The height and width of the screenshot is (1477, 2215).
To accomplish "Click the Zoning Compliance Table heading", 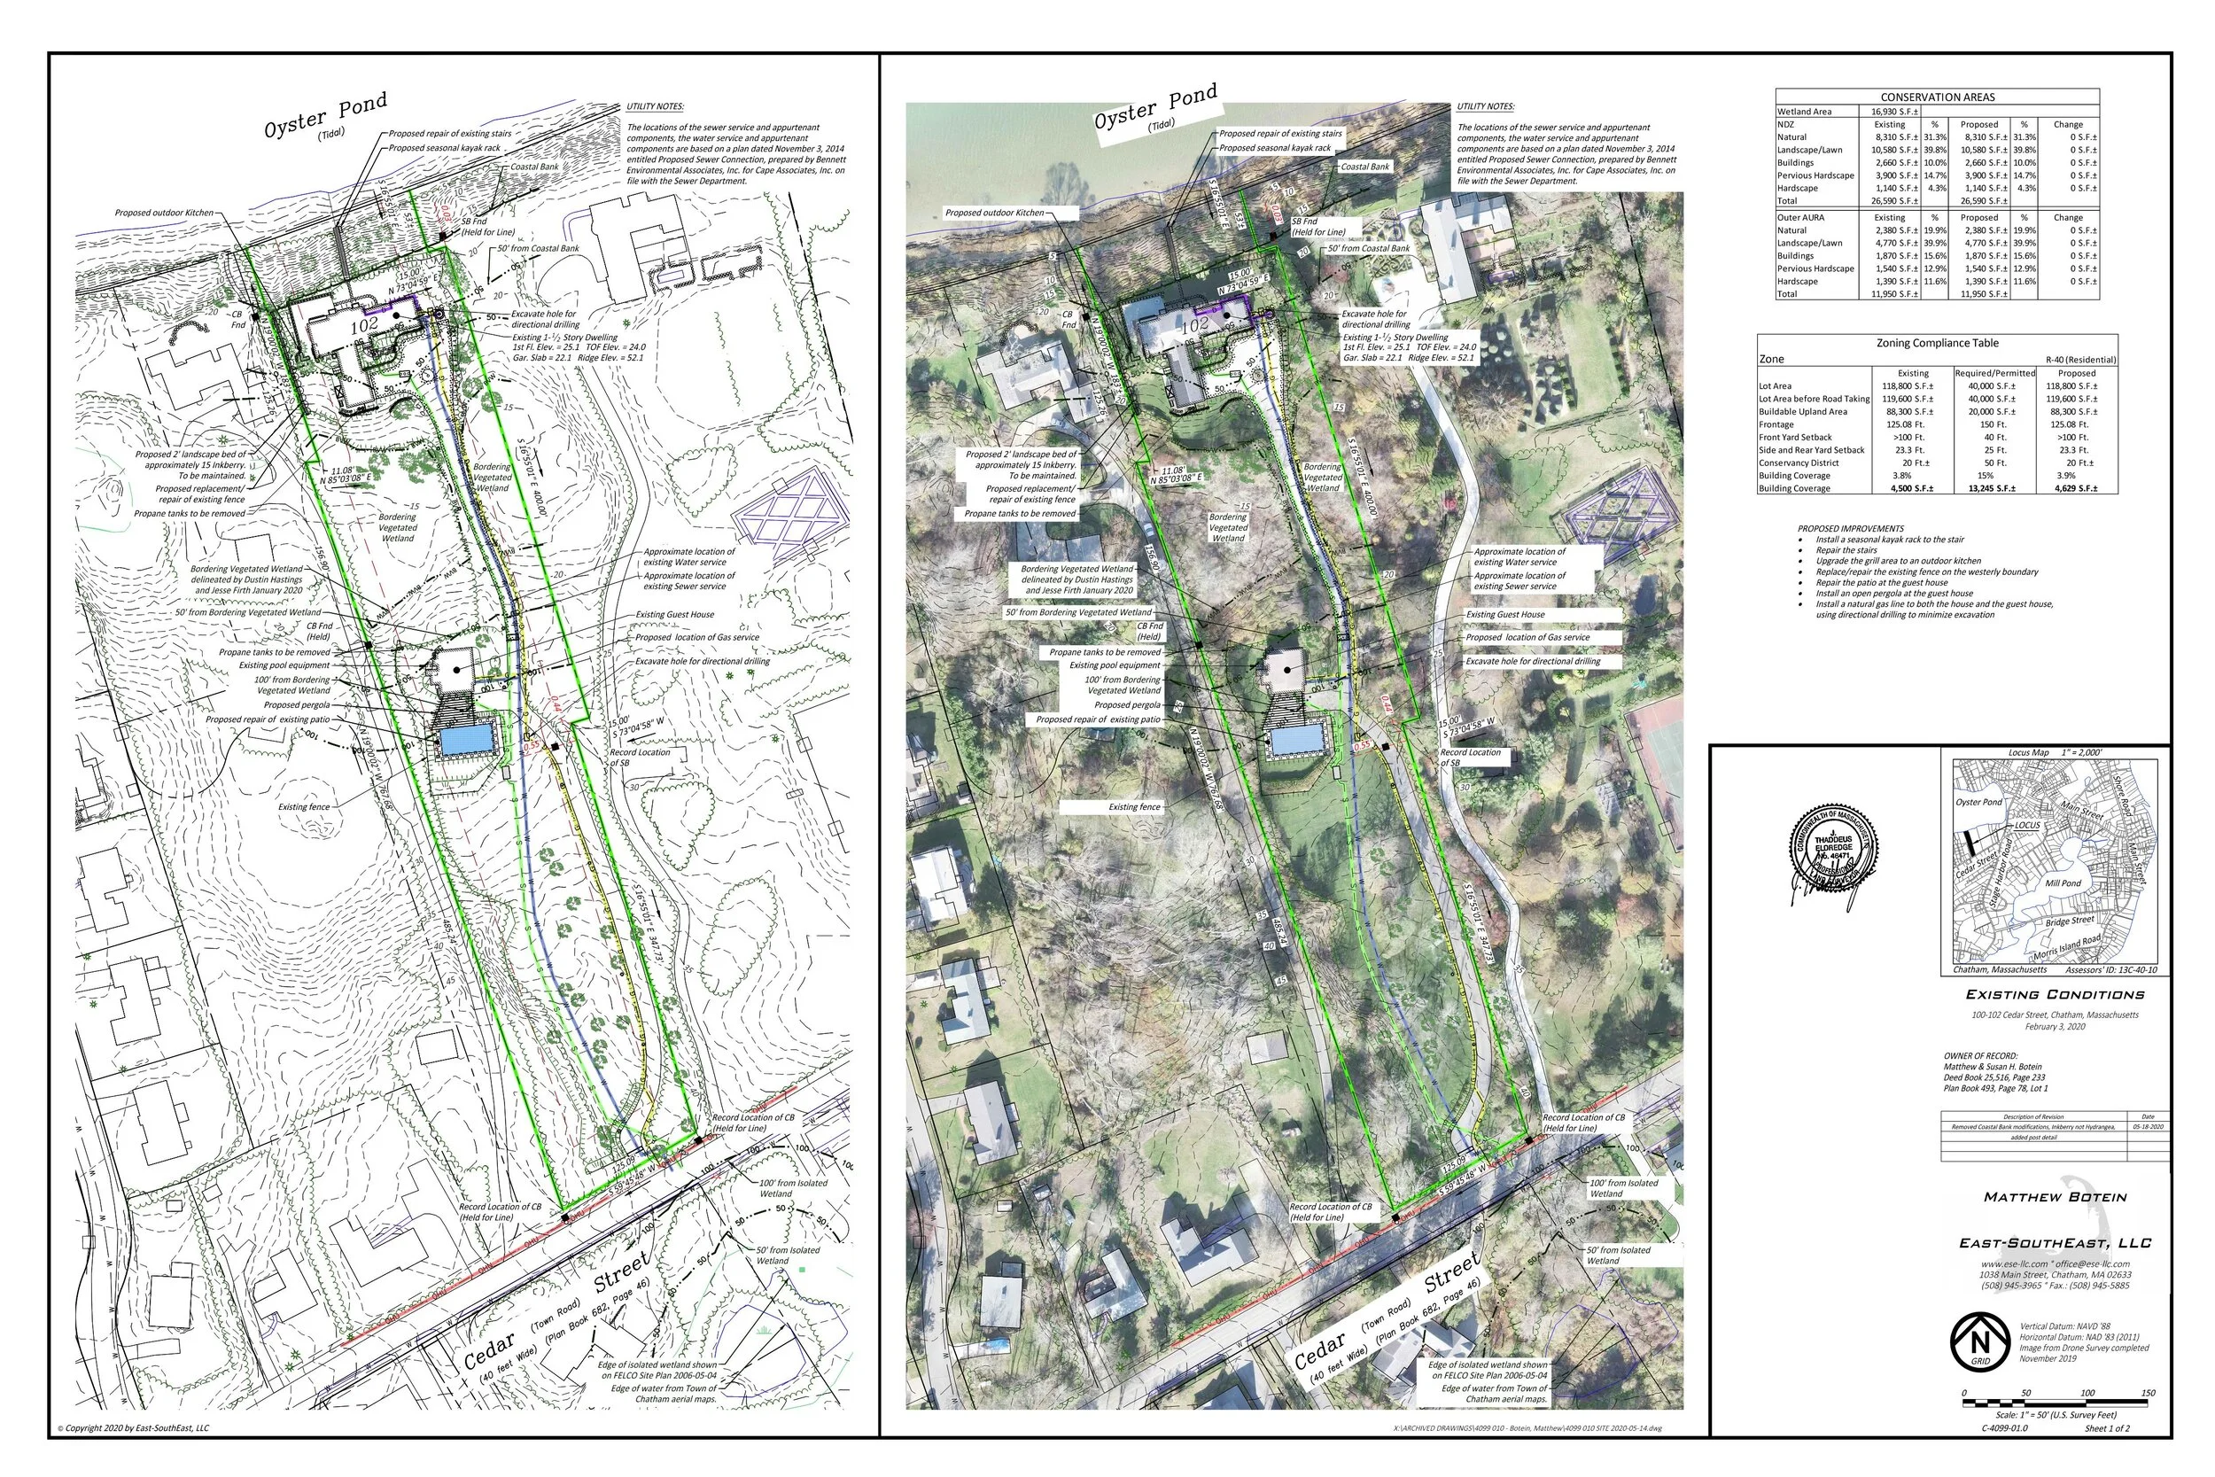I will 1937,343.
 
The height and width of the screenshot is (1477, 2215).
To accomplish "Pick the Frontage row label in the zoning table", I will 1776,424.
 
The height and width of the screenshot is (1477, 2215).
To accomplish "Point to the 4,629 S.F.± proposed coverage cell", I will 2075,488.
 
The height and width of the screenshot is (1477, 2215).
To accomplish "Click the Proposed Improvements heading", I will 1850,528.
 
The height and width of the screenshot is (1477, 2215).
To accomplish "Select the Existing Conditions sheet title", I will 2054,995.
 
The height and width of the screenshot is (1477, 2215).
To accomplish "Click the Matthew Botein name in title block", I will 2055,1197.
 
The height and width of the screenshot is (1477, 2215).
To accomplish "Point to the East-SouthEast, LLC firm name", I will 2055,1243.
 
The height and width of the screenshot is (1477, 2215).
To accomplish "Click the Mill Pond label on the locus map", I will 2063,883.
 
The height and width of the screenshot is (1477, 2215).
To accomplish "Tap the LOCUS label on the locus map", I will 2026,825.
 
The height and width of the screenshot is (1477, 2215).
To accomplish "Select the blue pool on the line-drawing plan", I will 466,741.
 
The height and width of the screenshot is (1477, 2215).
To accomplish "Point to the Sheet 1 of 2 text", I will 2107,1428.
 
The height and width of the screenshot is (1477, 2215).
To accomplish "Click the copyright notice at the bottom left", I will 134,1428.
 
